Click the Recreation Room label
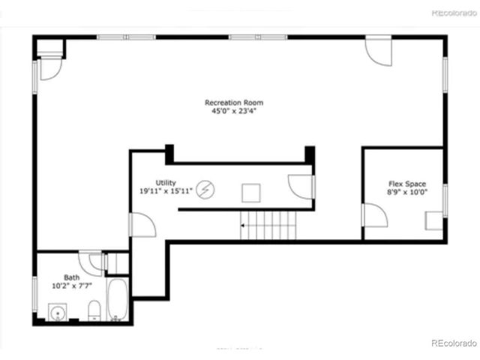(x=234, y=103)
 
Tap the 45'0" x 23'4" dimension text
(x=234, y=112)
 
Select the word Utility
(x=166, y=182)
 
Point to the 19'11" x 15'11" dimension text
(x=166, y=191)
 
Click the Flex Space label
(x=406, y=184)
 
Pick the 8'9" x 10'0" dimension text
(x=406, y=193)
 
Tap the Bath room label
(x=71, y=277)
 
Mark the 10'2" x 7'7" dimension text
(x=71, y=286)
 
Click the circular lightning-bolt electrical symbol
(x=205, y=190)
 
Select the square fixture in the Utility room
(x=250, y=193)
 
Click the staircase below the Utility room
(x=268, y=225)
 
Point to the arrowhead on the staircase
(x=243, y=223)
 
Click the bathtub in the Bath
(x=117, y=301)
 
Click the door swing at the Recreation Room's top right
(x=378, y=51)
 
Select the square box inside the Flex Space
(x=433, y=221)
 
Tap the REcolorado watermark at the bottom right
(x=454, y=343)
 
